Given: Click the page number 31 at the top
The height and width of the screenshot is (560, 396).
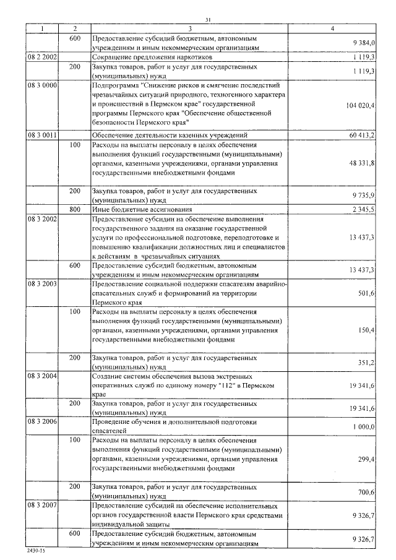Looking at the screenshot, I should click(x=208, y=20).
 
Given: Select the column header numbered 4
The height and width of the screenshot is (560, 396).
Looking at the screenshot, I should click(x=332, y=29).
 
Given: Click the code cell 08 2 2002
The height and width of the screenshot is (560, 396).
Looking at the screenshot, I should click(x=42, y=57).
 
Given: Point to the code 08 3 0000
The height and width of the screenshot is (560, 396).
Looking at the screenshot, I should click(x=42, y=84).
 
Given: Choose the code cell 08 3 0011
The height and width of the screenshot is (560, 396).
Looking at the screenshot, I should click(x=42, y=134).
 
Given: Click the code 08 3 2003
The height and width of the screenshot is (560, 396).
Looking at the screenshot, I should click(x=42, y=283).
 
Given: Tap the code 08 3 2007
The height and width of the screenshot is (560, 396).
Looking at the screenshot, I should click(x=42, y=506).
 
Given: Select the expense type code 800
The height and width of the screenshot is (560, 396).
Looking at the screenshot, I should click(x=75, y=210).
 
